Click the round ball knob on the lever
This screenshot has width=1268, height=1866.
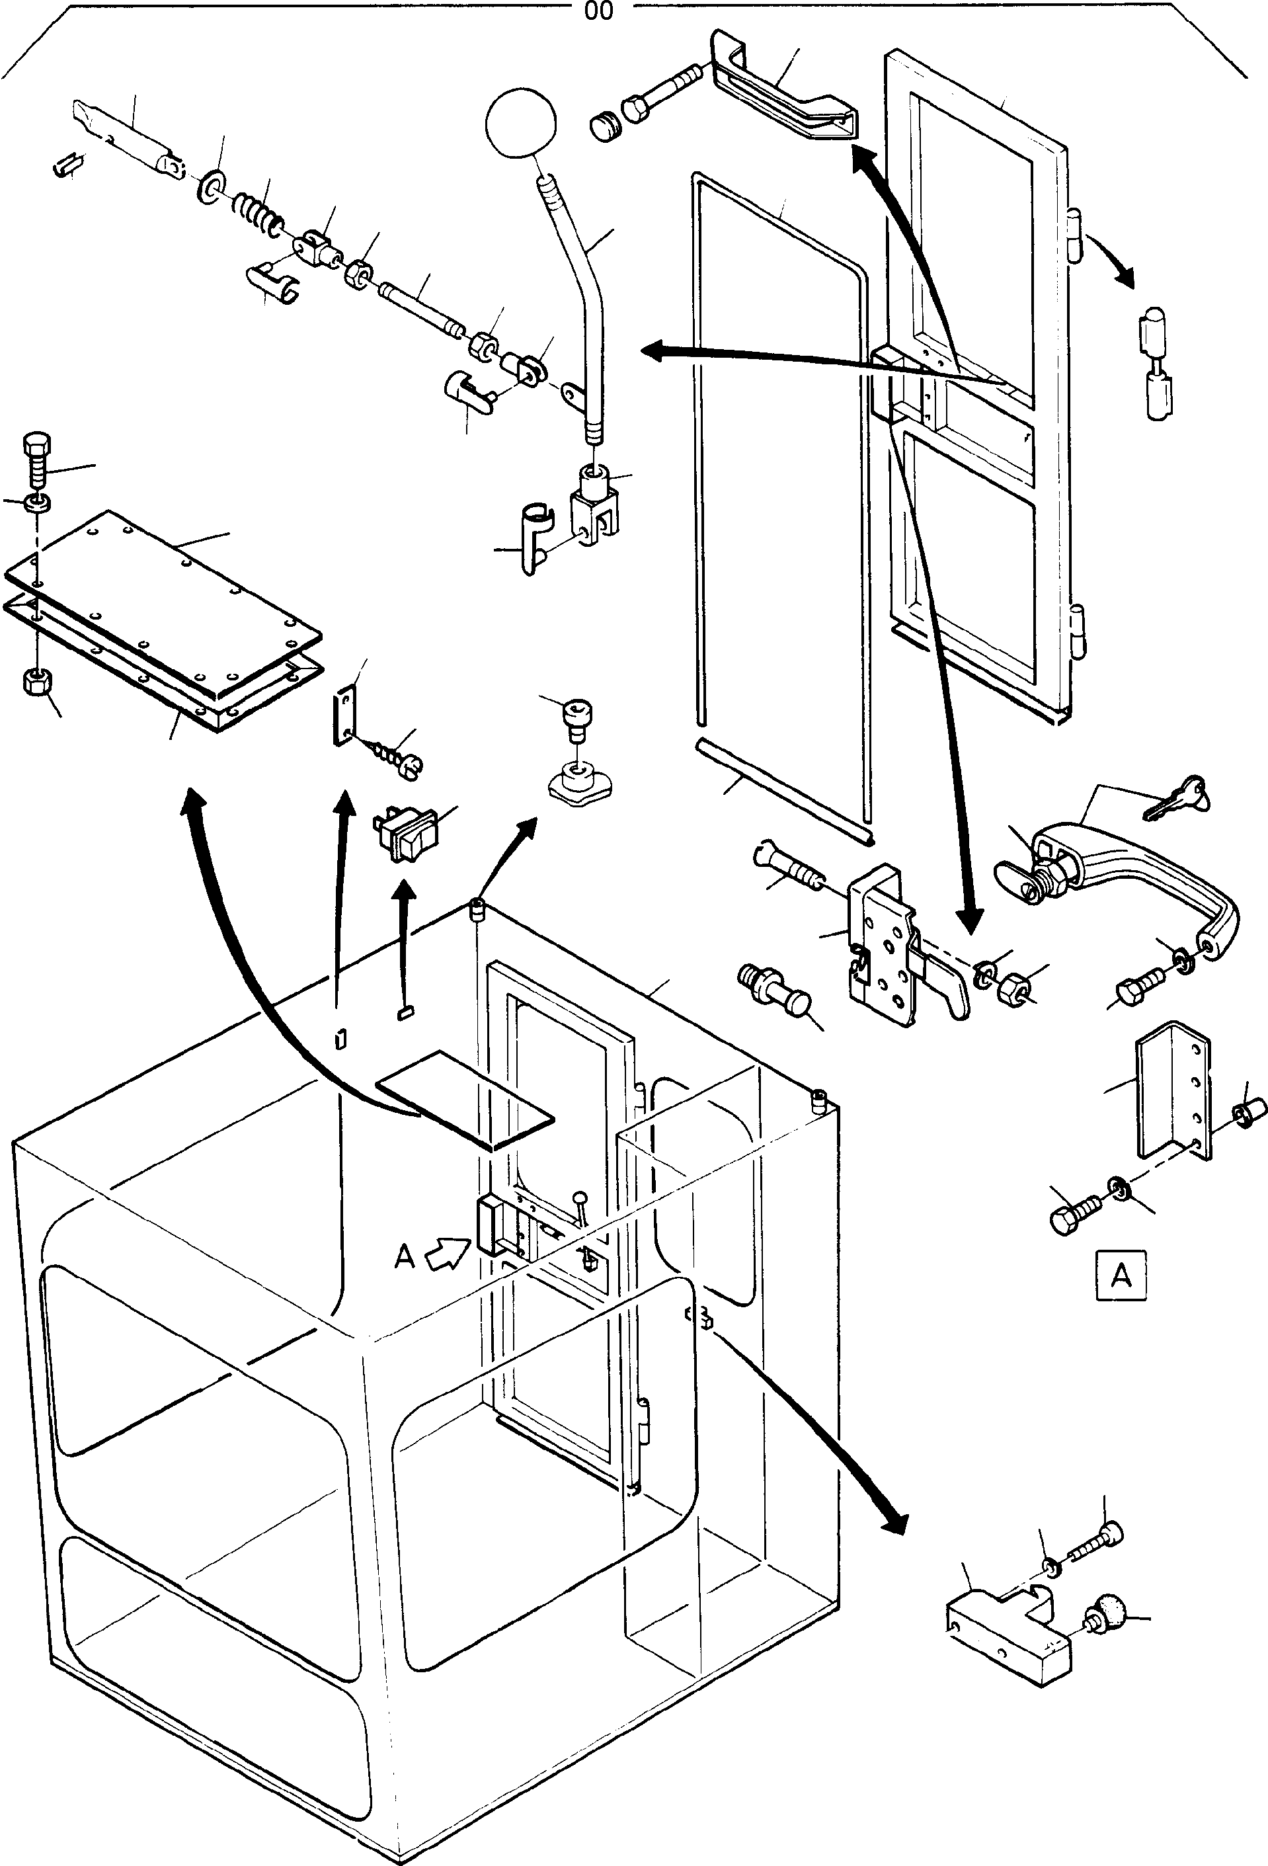[x=520, y=124]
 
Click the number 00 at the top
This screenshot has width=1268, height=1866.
[x=599, y=11]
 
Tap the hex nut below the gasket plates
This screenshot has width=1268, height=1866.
[x=36, y=682]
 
